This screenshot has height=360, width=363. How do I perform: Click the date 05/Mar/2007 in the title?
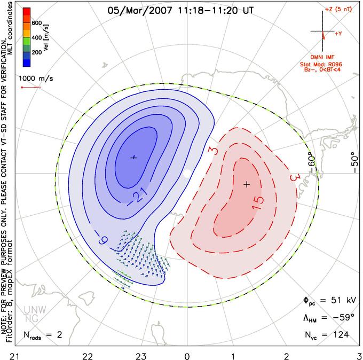coord(140,11)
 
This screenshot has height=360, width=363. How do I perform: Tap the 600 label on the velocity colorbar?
coord(37,23)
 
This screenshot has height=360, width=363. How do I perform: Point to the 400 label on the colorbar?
coord(37,37)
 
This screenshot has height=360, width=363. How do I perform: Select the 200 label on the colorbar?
coord(37,52)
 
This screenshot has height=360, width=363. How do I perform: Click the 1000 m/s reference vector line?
coord(31,88)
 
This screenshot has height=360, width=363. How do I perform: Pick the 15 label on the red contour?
coord(258,203)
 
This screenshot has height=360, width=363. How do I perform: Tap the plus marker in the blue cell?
coord(133,158)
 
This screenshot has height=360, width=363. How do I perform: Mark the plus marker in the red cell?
coord(247,184)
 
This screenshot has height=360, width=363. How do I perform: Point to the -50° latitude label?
coord(354,162)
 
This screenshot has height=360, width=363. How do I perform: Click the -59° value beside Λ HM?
coord(344,317)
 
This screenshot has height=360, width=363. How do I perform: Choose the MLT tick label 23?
coord(141,356)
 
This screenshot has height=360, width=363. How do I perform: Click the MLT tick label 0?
coord(187,356)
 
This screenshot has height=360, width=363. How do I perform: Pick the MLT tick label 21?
coord(15,356)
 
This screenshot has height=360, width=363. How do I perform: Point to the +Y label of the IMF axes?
coord(338,34)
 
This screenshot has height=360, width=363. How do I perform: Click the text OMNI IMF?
coord(322,57)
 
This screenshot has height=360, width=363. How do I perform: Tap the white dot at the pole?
coord(187,173)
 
